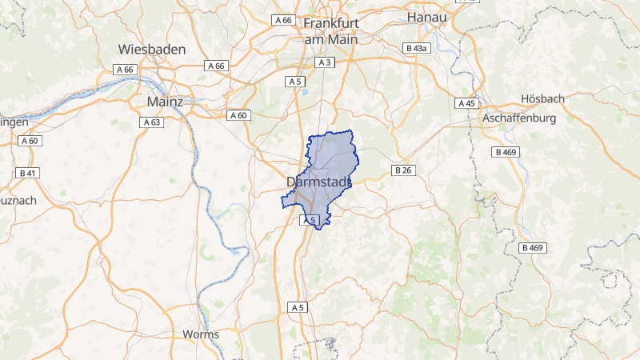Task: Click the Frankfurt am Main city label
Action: pos(331,30)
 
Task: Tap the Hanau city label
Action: pos(426,16)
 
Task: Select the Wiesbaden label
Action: pos(152,49)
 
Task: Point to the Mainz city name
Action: pos(166,102)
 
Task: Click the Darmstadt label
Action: pos(318,182)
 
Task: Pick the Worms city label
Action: pos(201,334)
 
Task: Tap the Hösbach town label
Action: pos(542,98)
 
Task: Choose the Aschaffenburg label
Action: pos(519,118)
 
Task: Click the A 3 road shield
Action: pos(324,62)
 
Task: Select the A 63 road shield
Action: pos(151,122)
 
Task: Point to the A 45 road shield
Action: pos(467,103)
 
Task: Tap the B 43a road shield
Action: pos(418,48)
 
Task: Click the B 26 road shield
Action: pos(402,170)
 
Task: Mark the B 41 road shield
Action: pos(27,173)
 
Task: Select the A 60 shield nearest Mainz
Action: pos(238,115)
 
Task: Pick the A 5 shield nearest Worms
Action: pos(298,307)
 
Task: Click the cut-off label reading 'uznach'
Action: pos(18,200)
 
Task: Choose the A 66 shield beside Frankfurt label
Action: pos(283,19)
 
